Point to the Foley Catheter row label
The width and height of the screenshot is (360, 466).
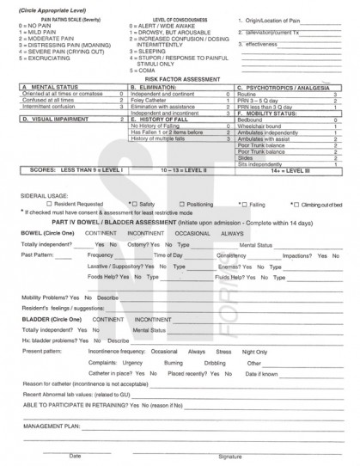click(147, 99)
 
